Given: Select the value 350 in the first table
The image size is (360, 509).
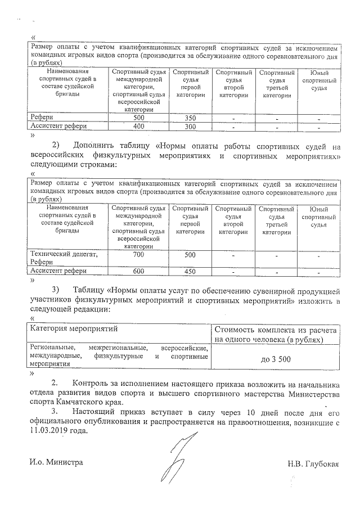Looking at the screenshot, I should point(190,118).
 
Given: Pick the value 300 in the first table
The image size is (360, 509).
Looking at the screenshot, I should point(190,127).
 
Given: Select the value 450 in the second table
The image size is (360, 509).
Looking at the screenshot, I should point(190,271).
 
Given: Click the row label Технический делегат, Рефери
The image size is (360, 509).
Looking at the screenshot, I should point(63,258).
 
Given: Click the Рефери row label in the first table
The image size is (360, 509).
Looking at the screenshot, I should point(43,118).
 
